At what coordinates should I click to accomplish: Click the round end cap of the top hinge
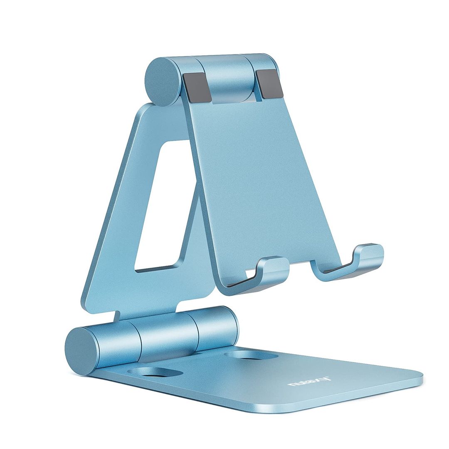click(163, 82)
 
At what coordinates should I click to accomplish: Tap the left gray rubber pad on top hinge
click(197, 87)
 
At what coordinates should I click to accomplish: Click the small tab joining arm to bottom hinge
click(119, 316)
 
